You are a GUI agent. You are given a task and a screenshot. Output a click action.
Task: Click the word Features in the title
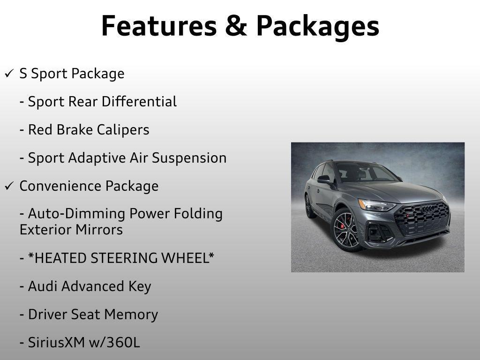coord(157,26)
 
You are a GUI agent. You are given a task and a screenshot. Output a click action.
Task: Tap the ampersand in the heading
coord(236,26)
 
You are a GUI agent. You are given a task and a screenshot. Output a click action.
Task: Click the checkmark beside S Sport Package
coord(9,74)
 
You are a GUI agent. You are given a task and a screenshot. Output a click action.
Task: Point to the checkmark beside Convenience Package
coord(9,187)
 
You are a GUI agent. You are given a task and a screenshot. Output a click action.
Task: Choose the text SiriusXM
coord(57,343)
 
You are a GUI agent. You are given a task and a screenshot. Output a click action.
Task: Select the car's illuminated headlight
coord(379,205)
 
